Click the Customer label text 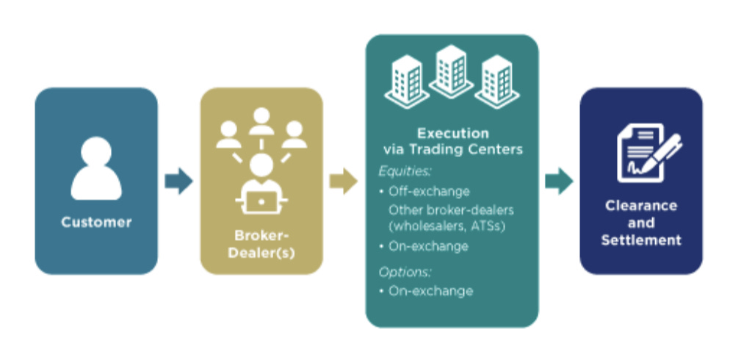(96, 222)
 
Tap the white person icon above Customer (96, 168)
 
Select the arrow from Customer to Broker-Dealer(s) (178, 181)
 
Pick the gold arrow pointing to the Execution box (343, 181)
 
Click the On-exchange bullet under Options (430, 291)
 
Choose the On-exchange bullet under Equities (429, 246)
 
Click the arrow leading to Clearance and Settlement (559, 181)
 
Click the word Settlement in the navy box (641, 240)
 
